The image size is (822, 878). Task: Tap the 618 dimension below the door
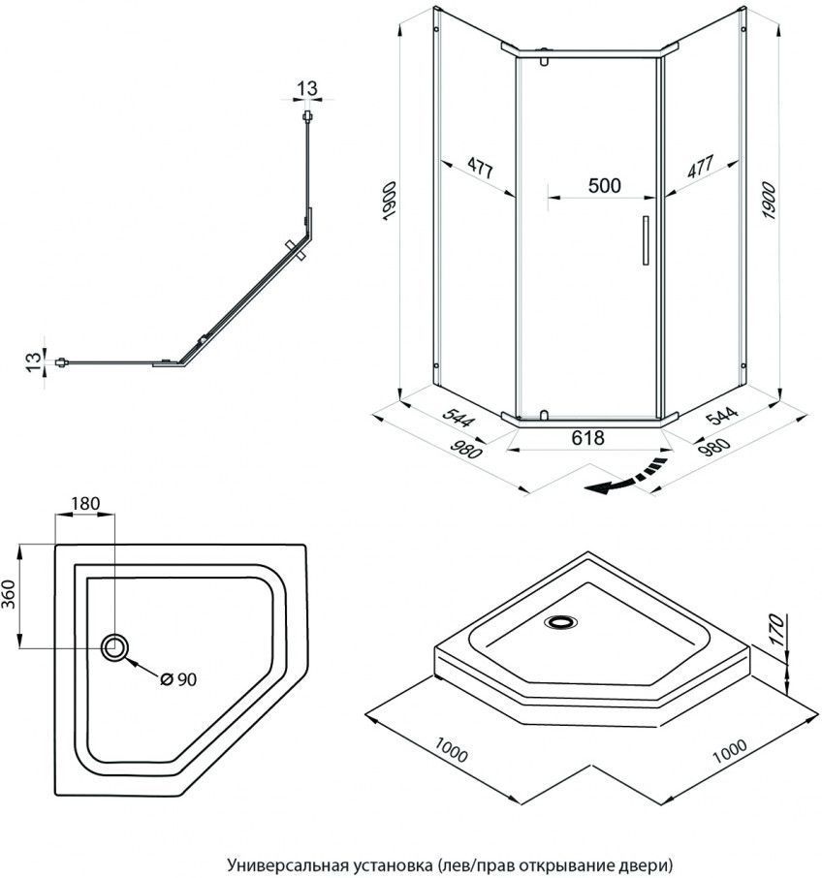(588, 438)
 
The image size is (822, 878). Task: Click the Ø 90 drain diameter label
(177, 679)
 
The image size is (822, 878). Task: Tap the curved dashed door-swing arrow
(628, 478)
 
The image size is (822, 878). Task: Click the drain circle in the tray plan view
(115, 646)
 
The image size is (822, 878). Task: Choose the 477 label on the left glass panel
(477, 166)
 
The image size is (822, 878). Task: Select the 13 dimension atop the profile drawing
(307, 89)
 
